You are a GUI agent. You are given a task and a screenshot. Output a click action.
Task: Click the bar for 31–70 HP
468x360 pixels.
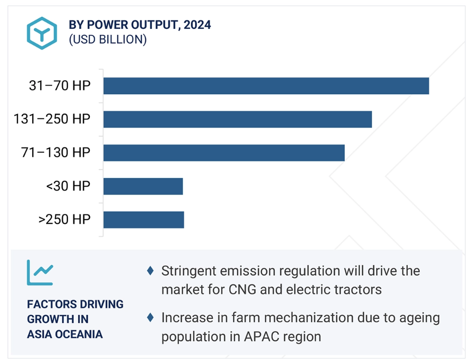tap(266, 86)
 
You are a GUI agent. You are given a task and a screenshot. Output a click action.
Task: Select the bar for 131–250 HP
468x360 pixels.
tap(237, 119)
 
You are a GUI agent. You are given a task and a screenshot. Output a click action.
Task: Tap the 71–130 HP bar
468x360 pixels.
tap(224, 153)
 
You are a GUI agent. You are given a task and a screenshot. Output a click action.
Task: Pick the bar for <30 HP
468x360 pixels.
tap(143, 186)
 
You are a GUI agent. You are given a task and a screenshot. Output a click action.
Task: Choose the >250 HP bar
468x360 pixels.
tap(144, 220)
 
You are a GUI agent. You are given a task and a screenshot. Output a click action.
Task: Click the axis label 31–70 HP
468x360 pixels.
tap(60, 85)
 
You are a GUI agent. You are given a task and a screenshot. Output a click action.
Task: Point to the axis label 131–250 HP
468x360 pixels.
tap(52, 119)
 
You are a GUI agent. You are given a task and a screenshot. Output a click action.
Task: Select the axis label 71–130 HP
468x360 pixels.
tap(56, 152)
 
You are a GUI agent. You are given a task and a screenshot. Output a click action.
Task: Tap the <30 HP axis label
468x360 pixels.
tap(68, 186)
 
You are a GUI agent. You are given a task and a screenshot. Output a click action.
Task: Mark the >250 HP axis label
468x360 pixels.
tap(65, 219)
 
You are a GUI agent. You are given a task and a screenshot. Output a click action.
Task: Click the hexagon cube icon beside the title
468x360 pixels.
tap(42, 33)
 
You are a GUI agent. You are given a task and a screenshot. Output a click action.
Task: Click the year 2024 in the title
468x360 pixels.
tap(197, 25)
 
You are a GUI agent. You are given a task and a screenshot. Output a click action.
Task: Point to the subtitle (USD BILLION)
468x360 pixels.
tap(108, 39)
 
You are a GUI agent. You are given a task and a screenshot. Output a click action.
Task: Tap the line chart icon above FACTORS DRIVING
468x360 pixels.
tap(40, 272)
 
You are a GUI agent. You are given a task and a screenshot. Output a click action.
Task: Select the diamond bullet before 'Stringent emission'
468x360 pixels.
tap(151, 271)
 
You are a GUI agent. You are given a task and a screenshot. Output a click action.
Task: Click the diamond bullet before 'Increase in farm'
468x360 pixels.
tap(151, 317)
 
